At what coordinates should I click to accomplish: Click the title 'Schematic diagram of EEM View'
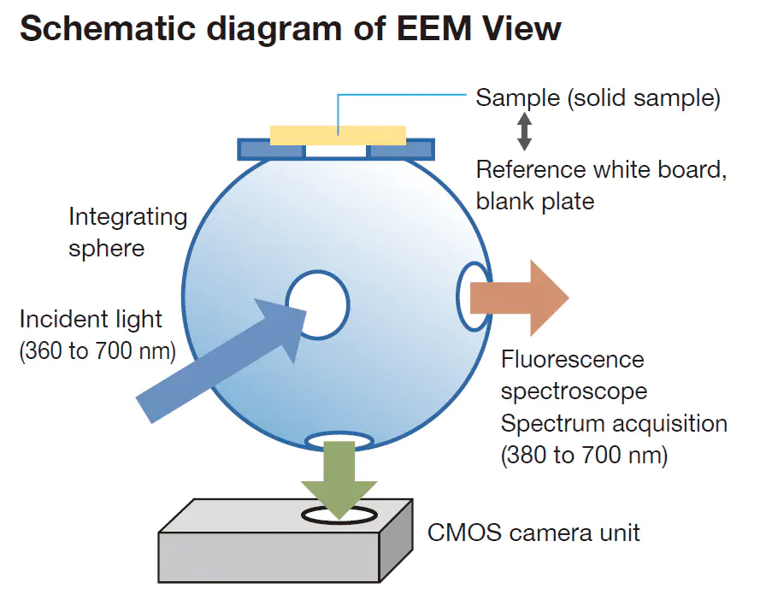(290, 29)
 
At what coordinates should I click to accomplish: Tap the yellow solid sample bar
(338, 134)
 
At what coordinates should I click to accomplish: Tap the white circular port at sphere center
(318, 304)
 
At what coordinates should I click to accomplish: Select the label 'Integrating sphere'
(127, 231)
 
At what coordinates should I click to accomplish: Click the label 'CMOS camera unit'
(533, 532)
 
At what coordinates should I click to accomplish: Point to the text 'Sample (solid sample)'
(598, 98)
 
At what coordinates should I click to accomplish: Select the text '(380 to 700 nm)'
(584, 455)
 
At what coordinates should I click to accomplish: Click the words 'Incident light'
(91, 320)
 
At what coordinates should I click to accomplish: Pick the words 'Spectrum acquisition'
(614, 423)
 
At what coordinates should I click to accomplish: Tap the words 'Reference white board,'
(601, 169)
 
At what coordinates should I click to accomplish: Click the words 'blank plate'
(535, 201)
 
